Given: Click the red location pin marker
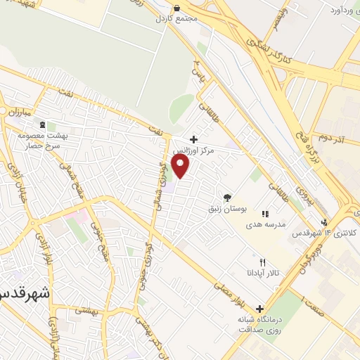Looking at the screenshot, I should (x=181, y=166).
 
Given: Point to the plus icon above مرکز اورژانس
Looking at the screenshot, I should (x=193, y=139).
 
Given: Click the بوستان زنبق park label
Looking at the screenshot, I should (x=226, y=209).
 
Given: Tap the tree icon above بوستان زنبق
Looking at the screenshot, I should (x=226, y=198).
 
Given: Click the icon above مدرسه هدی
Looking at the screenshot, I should (x=264, y=213).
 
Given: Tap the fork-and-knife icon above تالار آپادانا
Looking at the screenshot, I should (x=262, y=262).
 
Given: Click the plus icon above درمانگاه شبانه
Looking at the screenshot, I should (x=260, y=308).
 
